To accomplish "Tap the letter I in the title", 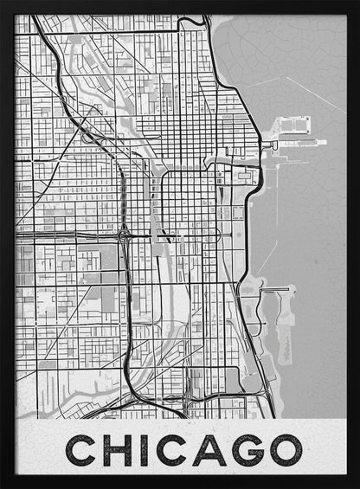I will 145,450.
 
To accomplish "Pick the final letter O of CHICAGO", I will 286,450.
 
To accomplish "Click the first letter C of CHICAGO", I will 84,450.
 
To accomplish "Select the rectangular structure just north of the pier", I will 294,125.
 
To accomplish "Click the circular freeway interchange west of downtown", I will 125,235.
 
